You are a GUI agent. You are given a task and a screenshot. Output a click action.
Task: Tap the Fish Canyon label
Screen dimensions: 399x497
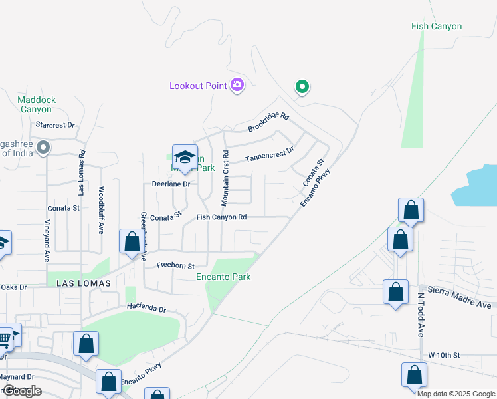436,27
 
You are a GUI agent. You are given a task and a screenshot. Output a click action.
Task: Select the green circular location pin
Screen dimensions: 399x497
302,86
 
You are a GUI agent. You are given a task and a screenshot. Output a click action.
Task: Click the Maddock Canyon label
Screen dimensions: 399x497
37,104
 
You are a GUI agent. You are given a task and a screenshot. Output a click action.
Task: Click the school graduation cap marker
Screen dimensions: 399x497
185,158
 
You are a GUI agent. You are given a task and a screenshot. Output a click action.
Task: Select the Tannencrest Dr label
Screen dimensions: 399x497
269,155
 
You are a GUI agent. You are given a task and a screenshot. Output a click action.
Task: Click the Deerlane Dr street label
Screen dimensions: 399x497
171,184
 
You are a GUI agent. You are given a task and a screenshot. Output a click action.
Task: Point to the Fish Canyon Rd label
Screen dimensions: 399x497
221,217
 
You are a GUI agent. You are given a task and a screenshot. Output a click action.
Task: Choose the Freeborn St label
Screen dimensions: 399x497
175,265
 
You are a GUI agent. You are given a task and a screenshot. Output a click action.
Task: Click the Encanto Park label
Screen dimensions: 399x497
224,277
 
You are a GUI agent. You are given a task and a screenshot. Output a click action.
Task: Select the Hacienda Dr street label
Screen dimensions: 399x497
146,309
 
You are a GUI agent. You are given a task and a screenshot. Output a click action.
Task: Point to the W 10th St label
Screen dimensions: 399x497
444,356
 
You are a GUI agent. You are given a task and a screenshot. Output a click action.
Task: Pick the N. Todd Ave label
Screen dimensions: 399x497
421,315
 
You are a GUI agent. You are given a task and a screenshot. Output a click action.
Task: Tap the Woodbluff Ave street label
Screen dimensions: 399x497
102,209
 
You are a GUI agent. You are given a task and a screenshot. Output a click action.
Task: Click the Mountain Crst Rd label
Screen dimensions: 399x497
226,177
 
